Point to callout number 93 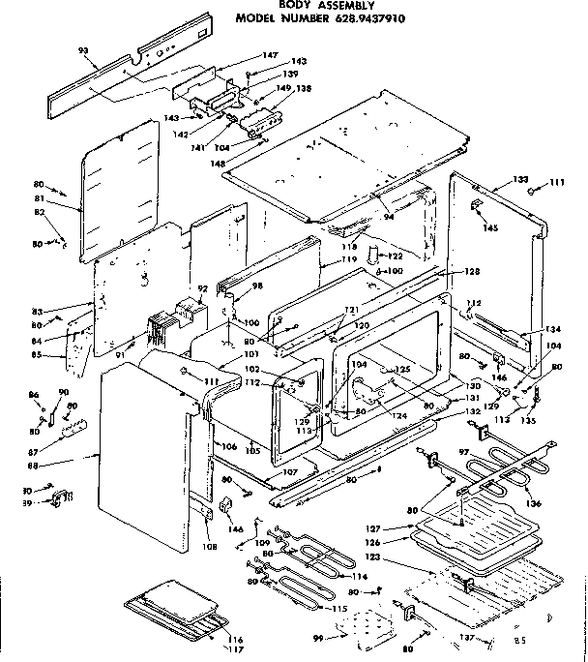(82, 49)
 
